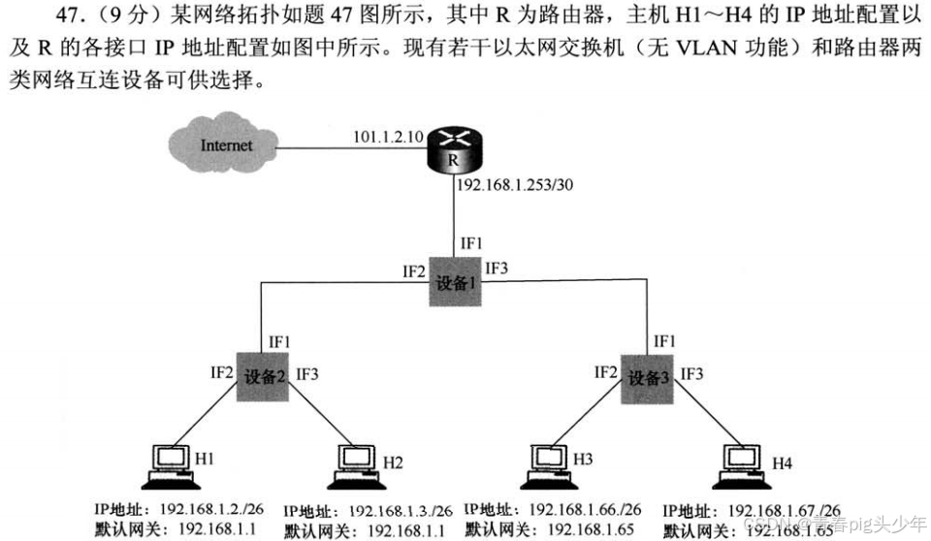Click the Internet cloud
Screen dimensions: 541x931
[224, 146]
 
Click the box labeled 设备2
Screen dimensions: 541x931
[264, 378]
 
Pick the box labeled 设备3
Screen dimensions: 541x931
[646, 378]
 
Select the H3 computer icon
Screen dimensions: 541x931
[548, 464]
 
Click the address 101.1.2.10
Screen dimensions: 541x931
[387, 138]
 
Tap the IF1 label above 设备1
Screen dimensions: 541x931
[471, 242]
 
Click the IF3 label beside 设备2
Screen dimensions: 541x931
[307, 373]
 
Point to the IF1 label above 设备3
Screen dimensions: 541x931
[664, 340]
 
